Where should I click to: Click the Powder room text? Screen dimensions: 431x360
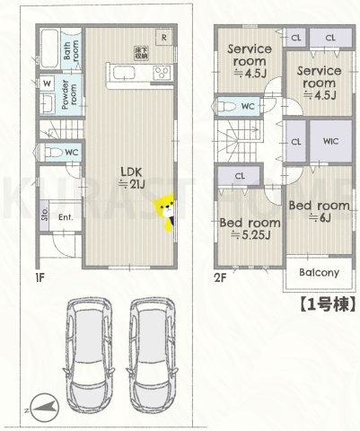69,92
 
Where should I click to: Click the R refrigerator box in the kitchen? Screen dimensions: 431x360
164,37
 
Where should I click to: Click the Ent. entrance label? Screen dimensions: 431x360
66,216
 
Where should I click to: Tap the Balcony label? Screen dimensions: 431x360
318,272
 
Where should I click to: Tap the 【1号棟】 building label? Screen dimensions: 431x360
322,303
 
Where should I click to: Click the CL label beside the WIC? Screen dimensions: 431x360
296,141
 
